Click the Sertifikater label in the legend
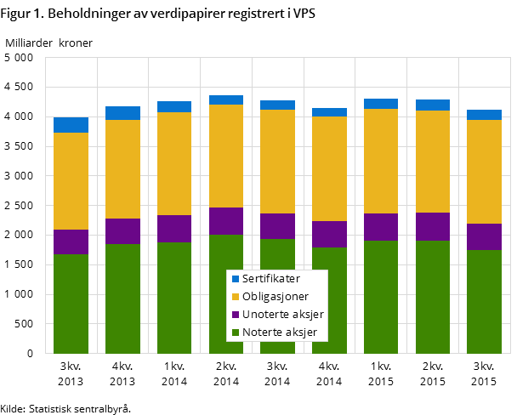pos(270,278)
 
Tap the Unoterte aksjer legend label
pos(282,314)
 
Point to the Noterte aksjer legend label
pos(279,332)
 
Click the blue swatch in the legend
pos(236,279)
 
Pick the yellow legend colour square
pos(236,297)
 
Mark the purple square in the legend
pos(236,315)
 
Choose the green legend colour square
pos(236,333)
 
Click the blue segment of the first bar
pos(71,125)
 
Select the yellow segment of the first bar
pos(71,181)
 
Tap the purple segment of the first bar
pos(71,242)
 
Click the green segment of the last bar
pos(484,301)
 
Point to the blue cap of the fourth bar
pos(226,99)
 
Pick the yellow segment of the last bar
pos(484,172)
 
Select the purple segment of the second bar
pos(122,231)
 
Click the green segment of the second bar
pos(122,298)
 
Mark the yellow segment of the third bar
pos(174,163)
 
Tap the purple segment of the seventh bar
pos(381,227)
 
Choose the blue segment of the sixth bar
pos(329,112)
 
